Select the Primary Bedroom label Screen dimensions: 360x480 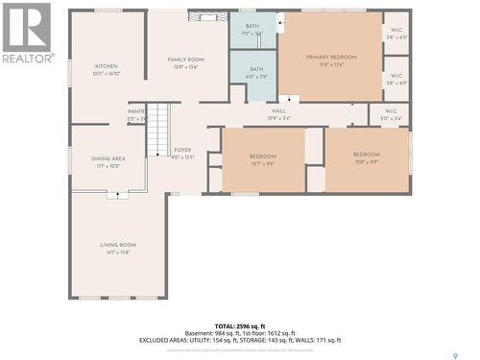[x=331, y=58]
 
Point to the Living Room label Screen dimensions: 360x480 [x=118, y=245]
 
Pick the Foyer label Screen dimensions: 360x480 [x=182, y=151]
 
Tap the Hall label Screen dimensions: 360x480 [x=279, y=111]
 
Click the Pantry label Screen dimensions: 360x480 [x=136, y=111]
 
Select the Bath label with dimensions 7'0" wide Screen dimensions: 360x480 [x=252, y=26]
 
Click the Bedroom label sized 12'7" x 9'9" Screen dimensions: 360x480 [x=263, y=156]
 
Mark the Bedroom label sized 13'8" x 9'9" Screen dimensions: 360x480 [x=366, y=155]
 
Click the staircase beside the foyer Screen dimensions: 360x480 [x=157, y=130]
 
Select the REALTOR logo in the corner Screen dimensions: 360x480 [x=26, y=34]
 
